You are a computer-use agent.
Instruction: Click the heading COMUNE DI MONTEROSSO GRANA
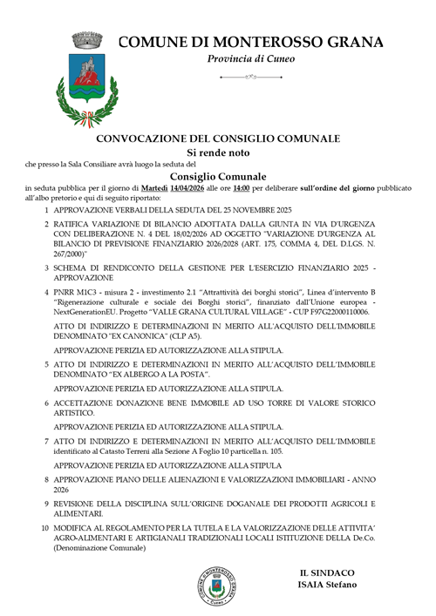tap(250, 41)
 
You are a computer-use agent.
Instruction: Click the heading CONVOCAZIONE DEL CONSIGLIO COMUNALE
tap(218, 138)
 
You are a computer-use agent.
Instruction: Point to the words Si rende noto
tap(217, 151)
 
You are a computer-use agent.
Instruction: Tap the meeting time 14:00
tap(242, 187)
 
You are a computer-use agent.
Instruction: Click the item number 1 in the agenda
tap(46, 210)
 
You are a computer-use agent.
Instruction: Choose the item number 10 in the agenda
tap(45, 528)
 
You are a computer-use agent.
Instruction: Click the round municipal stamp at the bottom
tap(216, 587)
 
